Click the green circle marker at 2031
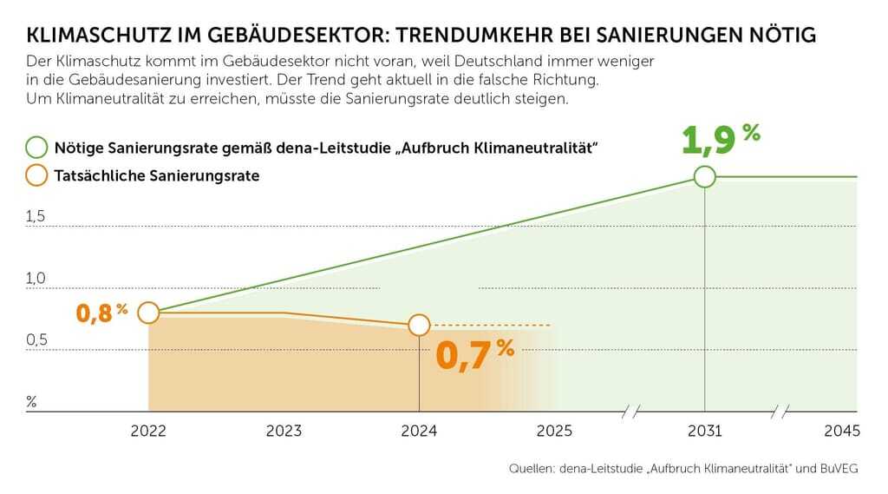click(704, 176)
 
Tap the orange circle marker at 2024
click(419, 325)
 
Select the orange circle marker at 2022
click(148, 313)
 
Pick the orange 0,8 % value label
click(101, 313)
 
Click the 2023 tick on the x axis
click(284, 431)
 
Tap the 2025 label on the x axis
click(554, 431)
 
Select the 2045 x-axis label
click(841, 431)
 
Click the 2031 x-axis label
click(704, 431)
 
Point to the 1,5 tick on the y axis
click(36, 216)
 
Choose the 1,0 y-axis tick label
click(36, 278)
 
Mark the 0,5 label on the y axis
click(36, 339)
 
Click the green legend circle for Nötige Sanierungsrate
click(37, 147)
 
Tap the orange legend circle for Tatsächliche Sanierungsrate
click(37, 175)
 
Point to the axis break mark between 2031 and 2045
click(781, 412)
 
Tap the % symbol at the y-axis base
click(31, 401)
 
